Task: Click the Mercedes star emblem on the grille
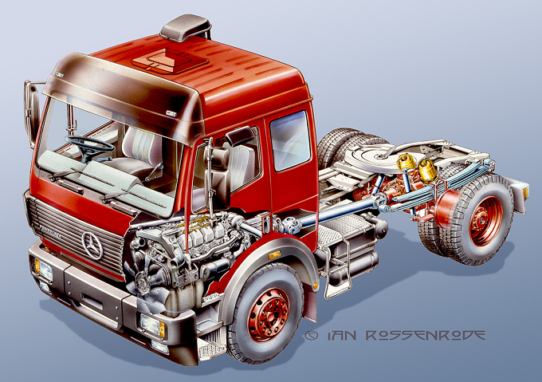click(x=92, y=245)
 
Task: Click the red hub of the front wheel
click(x=269, y=314)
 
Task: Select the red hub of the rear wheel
click(x=486, y=221)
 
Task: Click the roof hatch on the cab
click(x=170, y=61)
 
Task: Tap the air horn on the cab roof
click(x=186, y=28)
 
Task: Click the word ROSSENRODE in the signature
click(x=425, y=335)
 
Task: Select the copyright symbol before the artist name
click(x=312, y=335)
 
